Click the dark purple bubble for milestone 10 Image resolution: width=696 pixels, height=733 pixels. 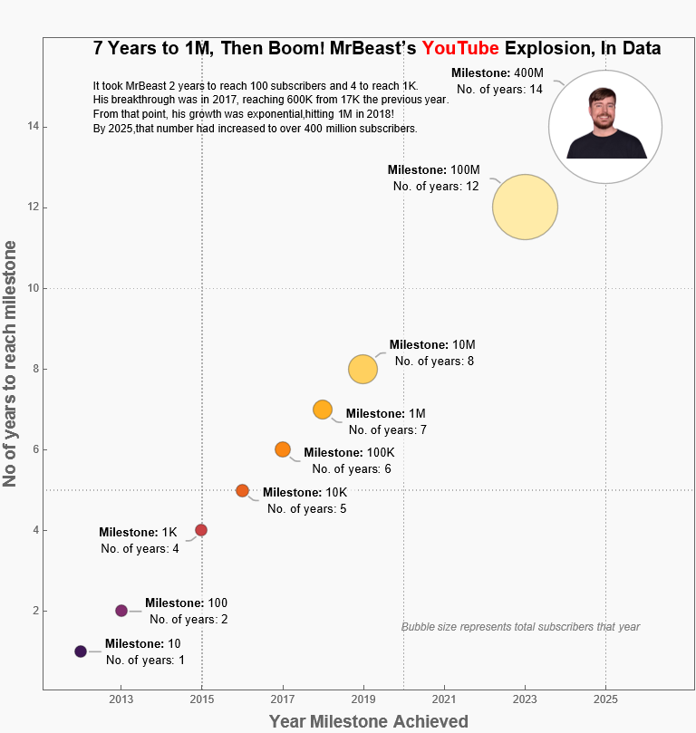[81, 651]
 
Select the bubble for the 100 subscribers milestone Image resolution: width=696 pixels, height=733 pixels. [121, 611]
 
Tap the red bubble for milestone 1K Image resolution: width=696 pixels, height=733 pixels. [201, 530]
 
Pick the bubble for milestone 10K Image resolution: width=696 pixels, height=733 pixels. [242, 490]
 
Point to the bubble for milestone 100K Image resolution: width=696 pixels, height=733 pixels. [283, 449]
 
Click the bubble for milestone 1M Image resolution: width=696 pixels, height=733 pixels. [323, 410]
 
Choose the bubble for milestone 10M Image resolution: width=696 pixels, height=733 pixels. [362, 369]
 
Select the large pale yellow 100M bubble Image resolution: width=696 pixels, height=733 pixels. [525, 207]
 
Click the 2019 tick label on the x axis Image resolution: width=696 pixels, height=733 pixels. [363, 699]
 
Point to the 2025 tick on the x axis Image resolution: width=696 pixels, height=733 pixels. [606, 699]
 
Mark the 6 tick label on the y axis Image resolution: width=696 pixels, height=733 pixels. [33, 449]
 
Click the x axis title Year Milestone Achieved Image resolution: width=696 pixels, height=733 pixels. [369, 721]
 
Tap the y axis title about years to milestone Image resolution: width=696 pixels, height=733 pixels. [11, 362]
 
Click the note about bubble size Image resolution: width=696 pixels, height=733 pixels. [520, 627]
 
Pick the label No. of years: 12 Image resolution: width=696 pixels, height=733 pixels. [436, 186]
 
